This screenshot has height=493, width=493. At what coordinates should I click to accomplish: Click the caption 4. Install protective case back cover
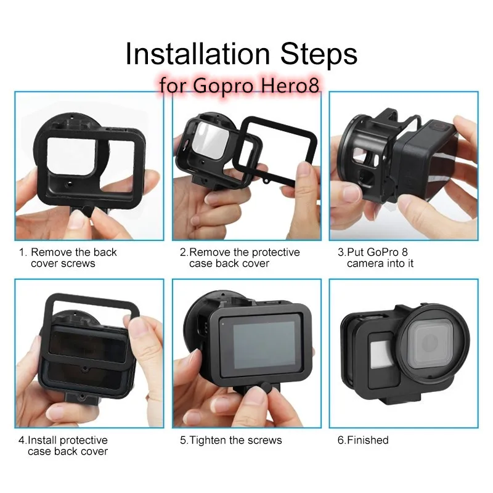[x=65, y=446]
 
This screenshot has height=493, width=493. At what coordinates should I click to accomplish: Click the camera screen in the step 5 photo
[x=263, y=346]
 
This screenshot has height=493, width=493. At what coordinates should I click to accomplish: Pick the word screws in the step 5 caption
[x=266, y=440]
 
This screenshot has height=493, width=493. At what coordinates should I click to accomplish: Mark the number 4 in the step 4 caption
[x=21, y=440]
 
